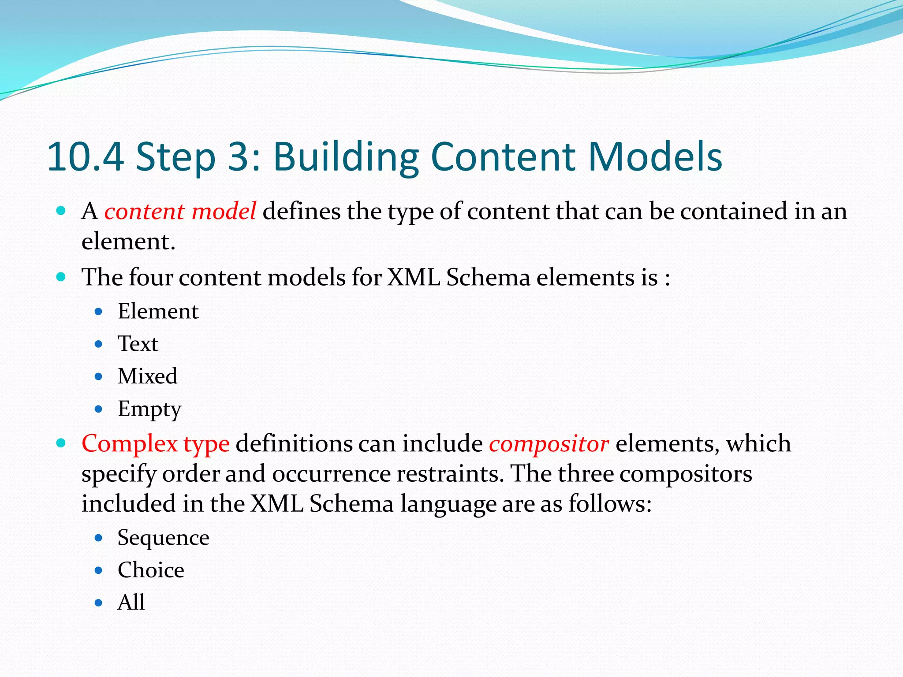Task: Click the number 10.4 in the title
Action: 85,156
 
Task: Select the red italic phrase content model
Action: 180,211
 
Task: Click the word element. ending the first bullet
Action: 128,242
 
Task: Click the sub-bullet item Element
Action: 158,312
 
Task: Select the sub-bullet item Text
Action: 138,344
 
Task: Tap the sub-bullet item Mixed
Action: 147,376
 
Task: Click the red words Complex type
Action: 155,443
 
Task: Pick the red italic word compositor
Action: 549,444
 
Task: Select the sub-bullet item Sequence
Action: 163,538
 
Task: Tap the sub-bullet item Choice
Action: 150,570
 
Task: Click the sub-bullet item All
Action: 131,603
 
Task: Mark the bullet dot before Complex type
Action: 61,443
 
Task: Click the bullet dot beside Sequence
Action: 99,538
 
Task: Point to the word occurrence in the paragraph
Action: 331,474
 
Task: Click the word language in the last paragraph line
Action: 448,504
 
